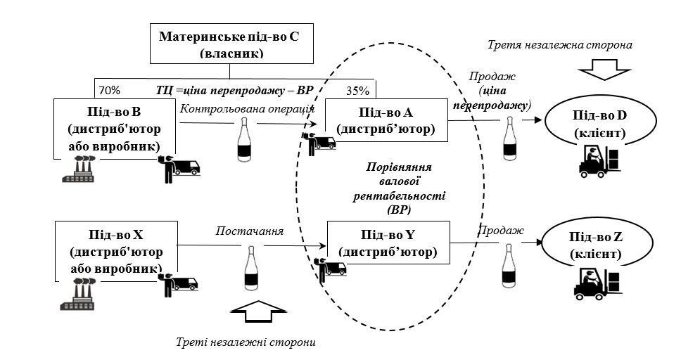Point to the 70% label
point(109,90)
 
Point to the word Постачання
point(250,231)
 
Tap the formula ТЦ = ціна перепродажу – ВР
point(234,91)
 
